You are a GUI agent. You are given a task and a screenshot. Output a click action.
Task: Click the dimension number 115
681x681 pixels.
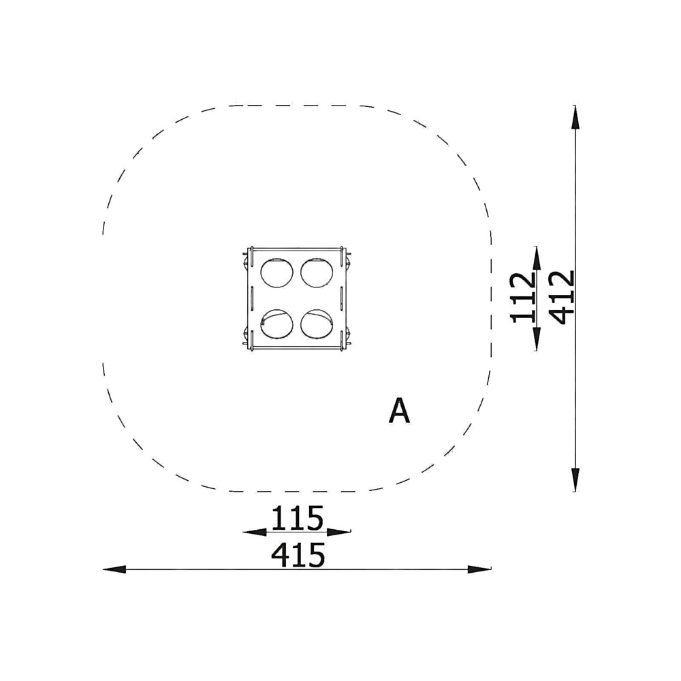coord(298,518)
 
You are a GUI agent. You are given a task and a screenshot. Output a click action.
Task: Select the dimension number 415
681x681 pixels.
coord(298,554)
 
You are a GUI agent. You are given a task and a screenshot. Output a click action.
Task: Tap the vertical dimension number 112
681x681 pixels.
coord(523,298)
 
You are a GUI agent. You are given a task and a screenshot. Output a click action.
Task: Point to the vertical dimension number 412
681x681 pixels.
coord(562,298)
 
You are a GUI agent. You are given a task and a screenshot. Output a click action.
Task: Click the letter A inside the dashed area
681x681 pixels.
coord(399,411)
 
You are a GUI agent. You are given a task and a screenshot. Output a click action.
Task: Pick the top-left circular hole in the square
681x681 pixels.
coord(276,273)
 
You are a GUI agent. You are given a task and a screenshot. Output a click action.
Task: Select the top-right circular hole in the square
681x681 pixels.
coord(317,273)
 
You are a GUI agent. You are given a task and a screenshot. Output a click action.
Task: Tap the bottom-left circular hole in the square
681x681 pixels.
coord(276,324)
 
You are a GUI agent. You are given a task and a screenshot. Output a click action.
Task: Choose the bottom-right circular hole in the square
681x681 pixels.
coord(317,324)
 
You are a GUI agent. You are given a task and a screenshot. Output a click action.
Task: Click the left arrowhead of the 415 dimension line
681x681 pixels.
coord(114,569)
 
